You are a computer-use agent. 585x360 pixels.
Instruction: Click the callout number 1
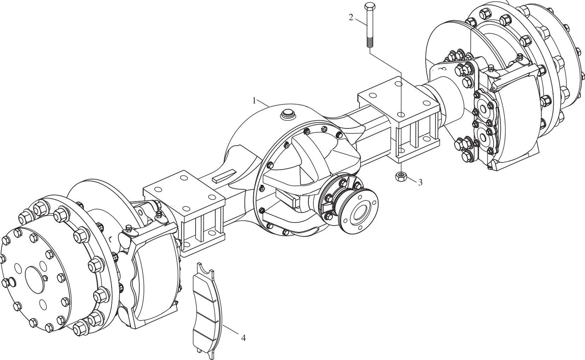point(254,101)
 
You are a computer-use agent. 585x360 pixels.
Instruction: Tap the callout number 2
point(351,18)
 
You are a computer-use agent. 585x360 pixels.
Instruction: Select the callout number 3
point(420,183)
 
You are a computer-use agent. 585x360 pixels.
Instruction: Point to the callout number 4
point(243,338)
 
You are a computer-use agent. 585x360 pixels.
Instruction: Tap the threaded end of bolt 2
point(369,42)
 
